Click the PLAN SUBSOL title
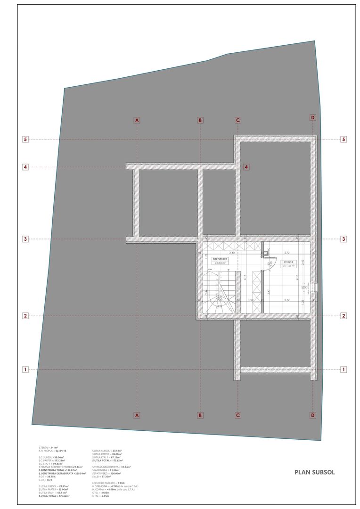(314, 472)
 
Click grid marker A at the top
(137, 120)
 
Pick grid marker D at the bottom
(312, 415)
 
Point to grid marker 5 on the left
(26, 140)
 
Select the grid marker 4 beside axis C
(246, 167)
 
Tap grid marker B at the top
(200, 120)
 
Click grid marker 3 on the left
(26, 239)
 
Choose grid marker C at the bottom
(238, 415)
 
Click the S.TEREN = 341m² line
(49, 447)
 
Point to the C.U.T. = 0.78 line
(46, 480)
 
